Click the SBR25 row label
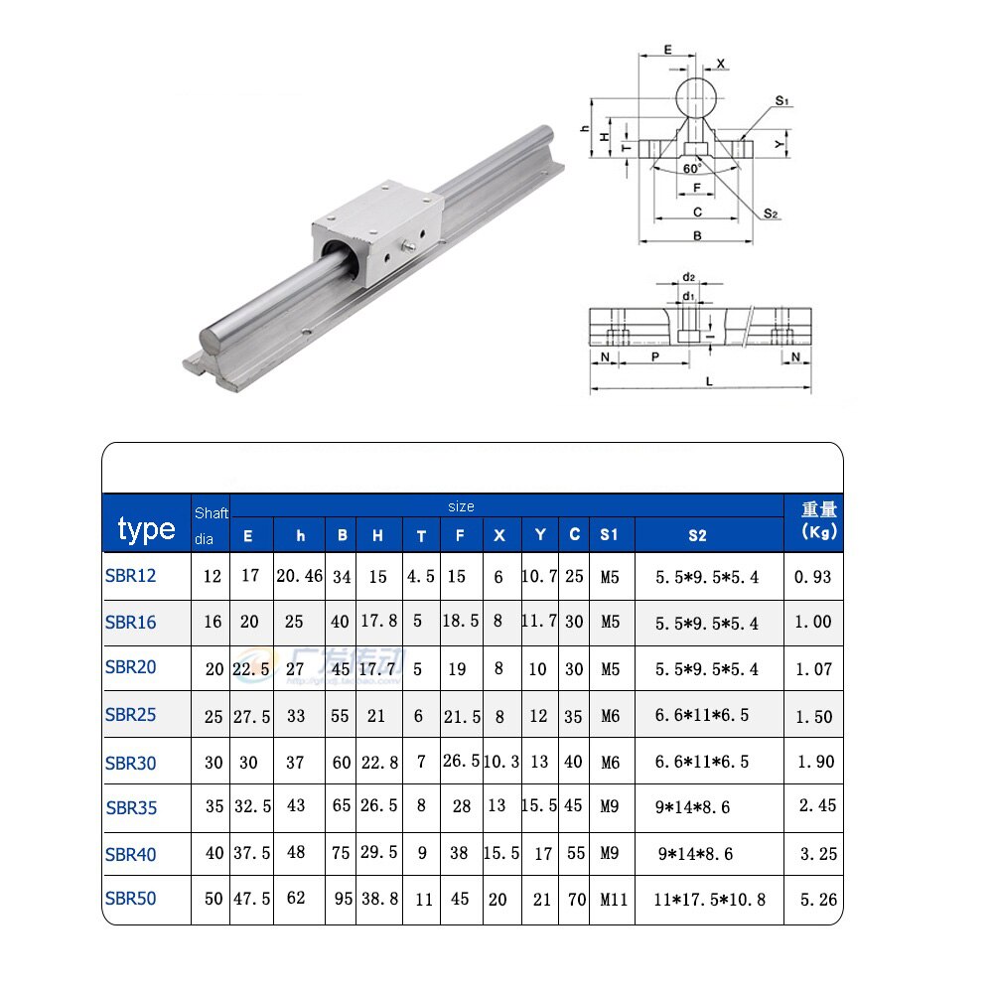(130, 714)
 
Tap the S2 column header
(697, 535)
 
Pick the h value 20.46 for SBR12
(299, 576)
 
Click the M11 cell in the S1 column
(614, 901)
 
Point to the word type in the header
(146, 529)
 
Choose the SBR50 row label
(130, 899)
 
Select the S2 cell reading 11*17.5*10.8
(709, 901)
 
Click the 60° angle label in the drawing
(693, 169)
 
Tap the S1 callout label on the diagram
(781, 101)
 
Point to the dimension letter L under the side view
(708, 381)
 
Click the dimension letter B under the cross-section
(697, 235)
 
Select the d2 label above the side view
(687, 279)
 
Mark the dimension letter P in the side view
(653, 355)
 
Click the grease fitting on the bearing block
(408, 243)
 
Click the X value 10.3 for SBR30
(500, 763)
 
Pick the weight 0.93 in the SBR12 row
(814, 576)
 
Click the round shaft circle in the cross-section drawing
(697, 98)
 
